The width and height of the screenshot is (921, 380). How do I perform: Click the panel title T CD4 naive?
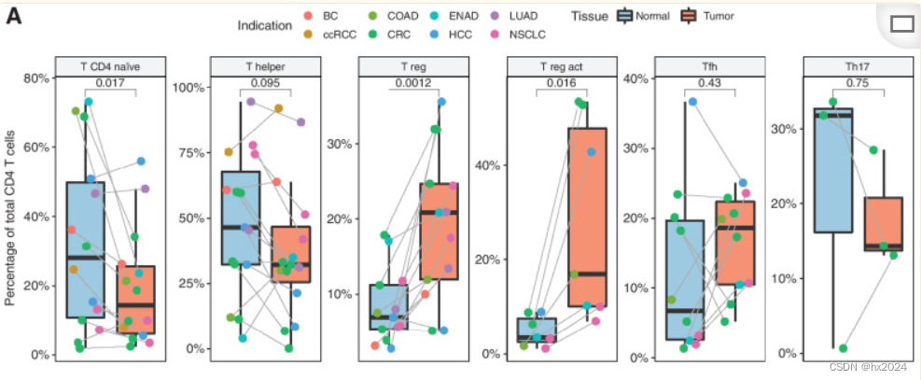(x=110, y=66)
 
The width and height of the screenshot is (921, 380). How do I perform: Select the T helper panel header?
(x=258, y=66)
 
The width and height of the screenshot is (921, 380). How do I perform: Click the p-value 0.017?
(x=110, y=83)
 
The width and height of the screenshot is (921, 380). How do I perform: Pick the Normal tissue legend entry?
(x=641, y=16)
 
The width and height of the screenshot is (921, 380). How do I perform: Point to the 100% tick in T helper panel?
(x=188, y=88)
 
